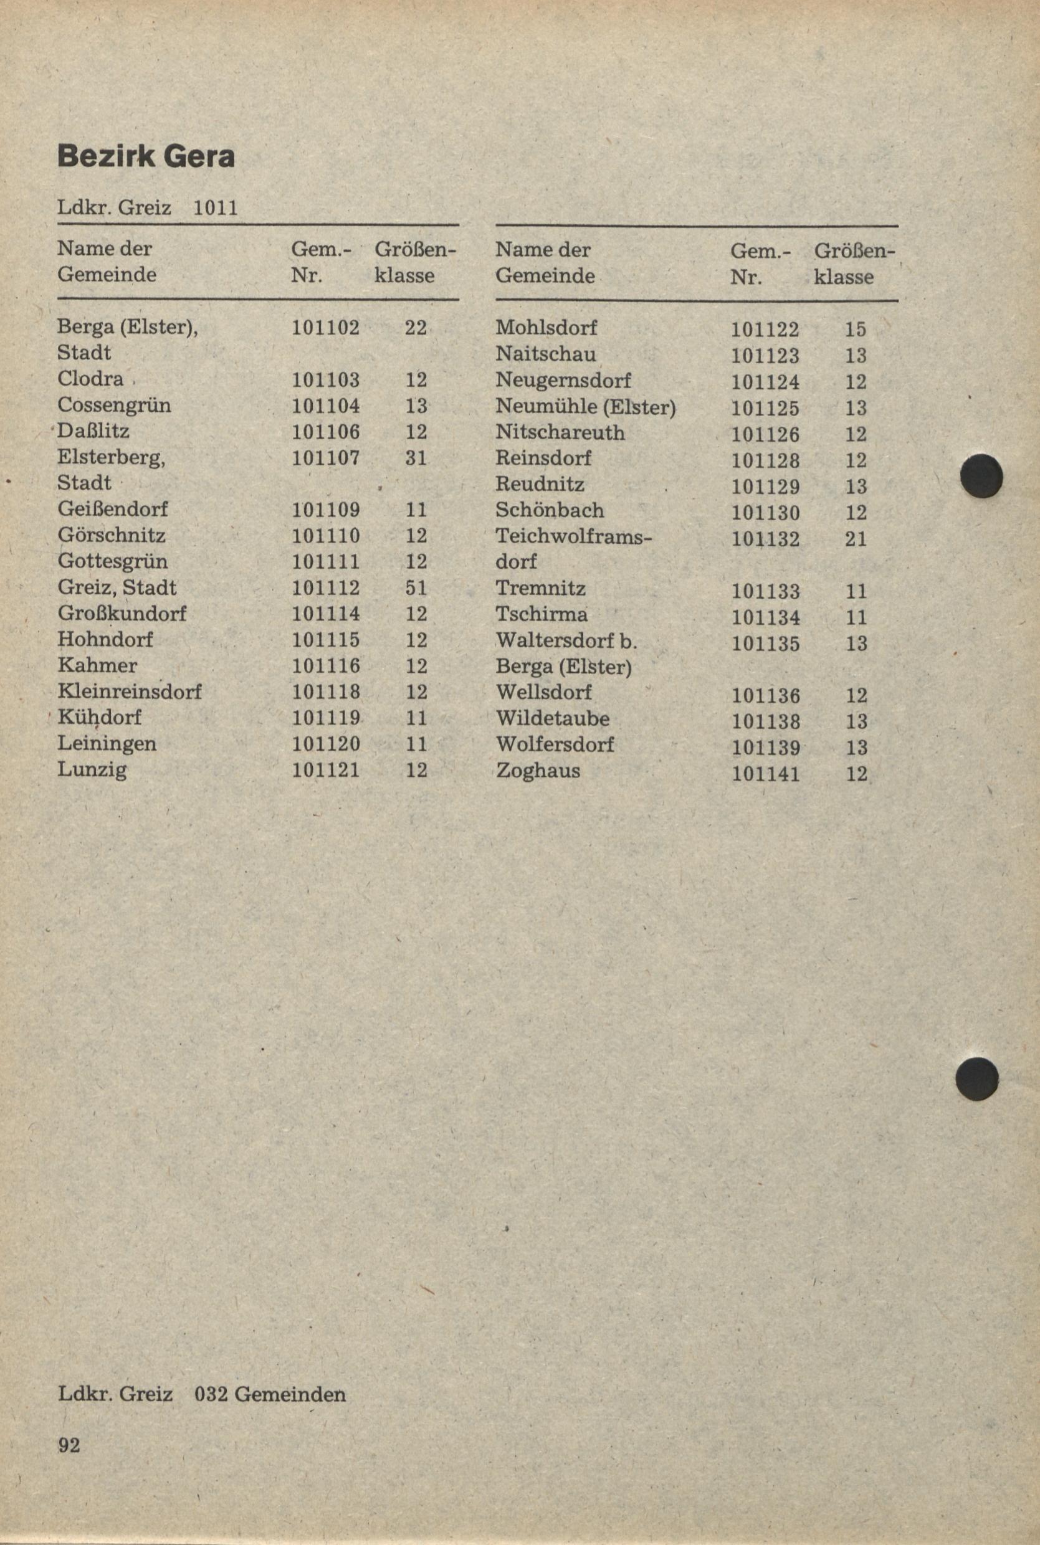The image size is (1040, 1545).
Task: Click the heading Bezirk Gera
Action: (x=146, y=157)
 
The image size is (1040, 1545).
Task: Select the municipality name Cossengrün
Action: (x=114, y=405)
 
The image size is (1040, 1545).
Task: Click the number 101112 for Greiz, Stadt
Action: (x=326, y=588)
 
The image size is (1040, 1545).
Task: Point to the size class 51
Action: (x=416, y=588)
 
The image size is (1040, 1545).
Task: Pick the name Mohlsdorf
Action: (x=546, y=328)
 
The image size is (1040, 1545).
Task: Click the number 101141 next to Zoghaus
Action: (x=765, y=774)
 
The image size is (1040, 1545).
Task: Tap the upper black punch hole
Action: (x=982, y=476)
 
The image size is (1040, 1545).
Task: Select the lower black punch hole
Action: (x=977, y=1079)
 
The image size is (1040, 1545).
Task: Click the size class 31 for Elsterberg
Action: (x=416, y=458)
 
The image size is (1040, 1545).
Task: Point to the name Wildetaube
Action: (x=553, y=719)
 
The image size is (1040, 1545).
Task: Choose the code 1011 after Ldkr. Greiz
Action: (x=215, y=209)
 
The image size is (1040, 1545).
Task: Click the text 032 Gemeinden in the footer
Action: (x=270, y=1394)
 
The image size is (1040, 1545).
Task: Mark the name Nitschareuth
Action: (x=560, y=432)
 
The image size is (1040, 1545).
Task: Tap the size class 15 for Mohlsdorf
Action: (x=856, y=330)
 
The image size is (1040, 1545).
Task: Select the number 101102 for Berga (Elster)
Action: (x=326, y=328)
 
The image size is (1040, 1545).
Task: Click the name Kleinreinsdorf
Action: (x=130, y=692)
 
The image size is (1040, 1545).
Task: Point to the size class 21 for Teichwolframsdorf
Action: (x=856, y=538)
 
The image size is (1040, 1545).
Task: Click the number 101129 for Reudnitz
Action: (x=765, y=487)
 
